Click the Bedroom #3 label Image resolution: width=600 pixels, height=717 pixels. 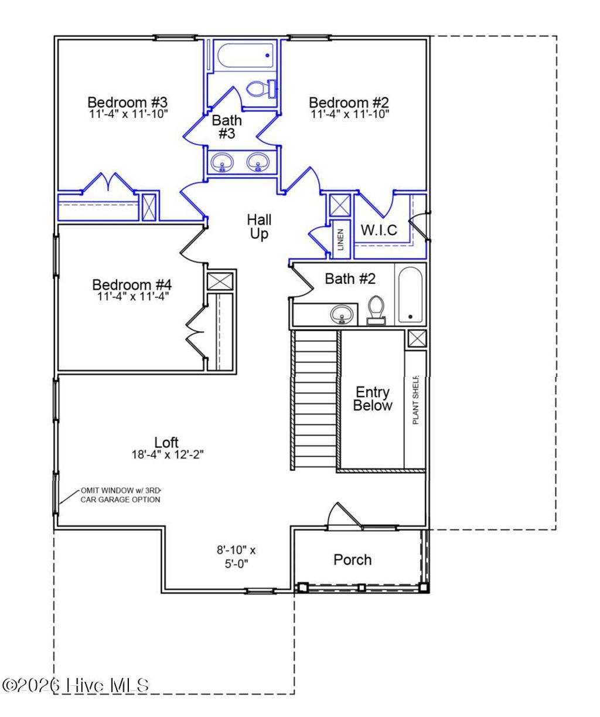127,103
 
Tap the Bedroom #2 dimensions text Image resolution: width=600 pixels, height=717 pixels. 350,114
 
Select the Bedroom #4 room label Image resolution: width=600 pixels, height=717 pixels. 132,285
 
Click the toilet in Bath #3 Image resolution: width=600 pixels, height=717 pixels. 261,89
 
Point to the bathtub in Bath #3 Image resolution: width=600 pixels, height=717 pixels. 246,56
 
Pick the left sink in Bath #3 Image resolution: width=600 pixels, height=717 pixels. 222,162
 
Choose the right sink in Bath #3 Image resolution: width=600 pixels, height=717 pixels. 258,162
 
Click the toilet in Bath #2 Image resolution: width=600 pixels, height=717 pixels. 376,310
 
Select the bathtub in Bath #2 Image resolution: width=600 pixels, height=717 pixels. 411,295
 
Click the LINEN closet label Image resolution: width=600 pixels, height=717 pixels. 340,240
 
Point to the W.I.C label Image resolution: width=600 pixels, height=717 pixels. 379,230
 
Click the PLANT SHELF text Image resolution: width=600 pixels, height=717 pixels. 415,400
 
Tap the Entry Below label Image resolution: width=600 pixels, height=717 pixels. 373,399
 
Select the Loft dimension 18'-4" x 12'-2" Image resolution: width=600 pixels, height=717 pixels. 168,455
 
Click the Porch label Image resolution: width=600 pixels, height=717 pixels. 353,560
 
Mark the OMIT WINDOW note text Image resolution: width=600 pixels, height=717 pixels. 121,495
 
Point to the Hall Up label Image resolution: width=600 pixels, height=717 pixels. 259,227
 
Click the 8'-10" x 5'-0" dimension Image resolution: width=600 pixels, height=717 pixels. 236,556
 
